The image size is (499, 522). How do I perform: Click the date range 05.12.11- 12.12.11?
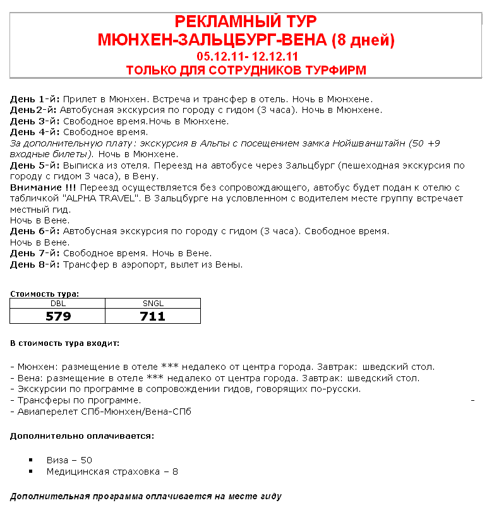tap(247, 57)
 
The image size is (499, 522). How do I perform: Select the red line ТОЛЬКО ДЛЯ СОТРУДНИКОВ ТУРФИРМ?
tap(246, 70)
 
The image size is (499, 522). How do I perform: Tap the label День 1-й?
tap(35, 99)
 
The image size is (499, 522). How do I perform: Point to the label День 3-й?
tap(35, 121)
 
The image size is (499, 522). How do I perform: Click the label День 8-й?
tap(35, 264)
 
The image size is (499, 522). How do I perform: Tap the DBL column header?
tap(57, 304)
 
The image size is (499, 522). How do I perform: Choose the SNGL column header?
tap(153, 304)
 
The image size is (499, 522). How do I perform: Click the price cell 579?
tap(58, 316)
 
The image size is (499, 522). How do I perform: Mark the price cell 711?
tap(153, 316)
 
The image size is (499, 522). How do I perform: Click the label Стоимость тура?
tap(44, 294)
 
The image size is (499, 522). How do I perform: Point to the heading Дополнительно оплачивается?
tap(82, 436)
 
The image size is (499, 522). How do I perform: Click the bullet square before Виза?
tap(31, 460)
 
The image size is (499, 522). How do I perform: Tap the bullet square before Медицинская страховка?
tap(31, 472)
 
